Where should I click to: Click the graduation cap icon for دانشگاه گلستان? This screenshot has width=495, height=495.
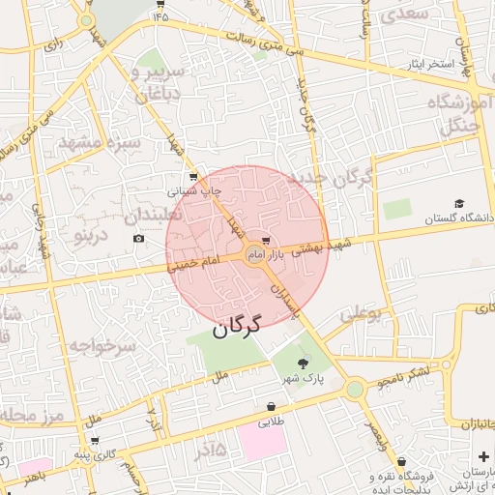(459, 203)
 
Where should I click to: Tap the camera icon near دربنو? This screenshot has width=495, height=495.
(139, 238)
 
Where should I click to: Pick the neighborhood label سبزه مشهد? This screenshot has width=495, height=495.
(100, 142)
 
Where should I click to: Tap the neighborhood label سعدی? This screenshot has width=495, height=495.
(406, 15)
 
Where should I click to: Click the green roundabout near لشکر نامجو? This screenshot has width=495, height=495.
(355, 389)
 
